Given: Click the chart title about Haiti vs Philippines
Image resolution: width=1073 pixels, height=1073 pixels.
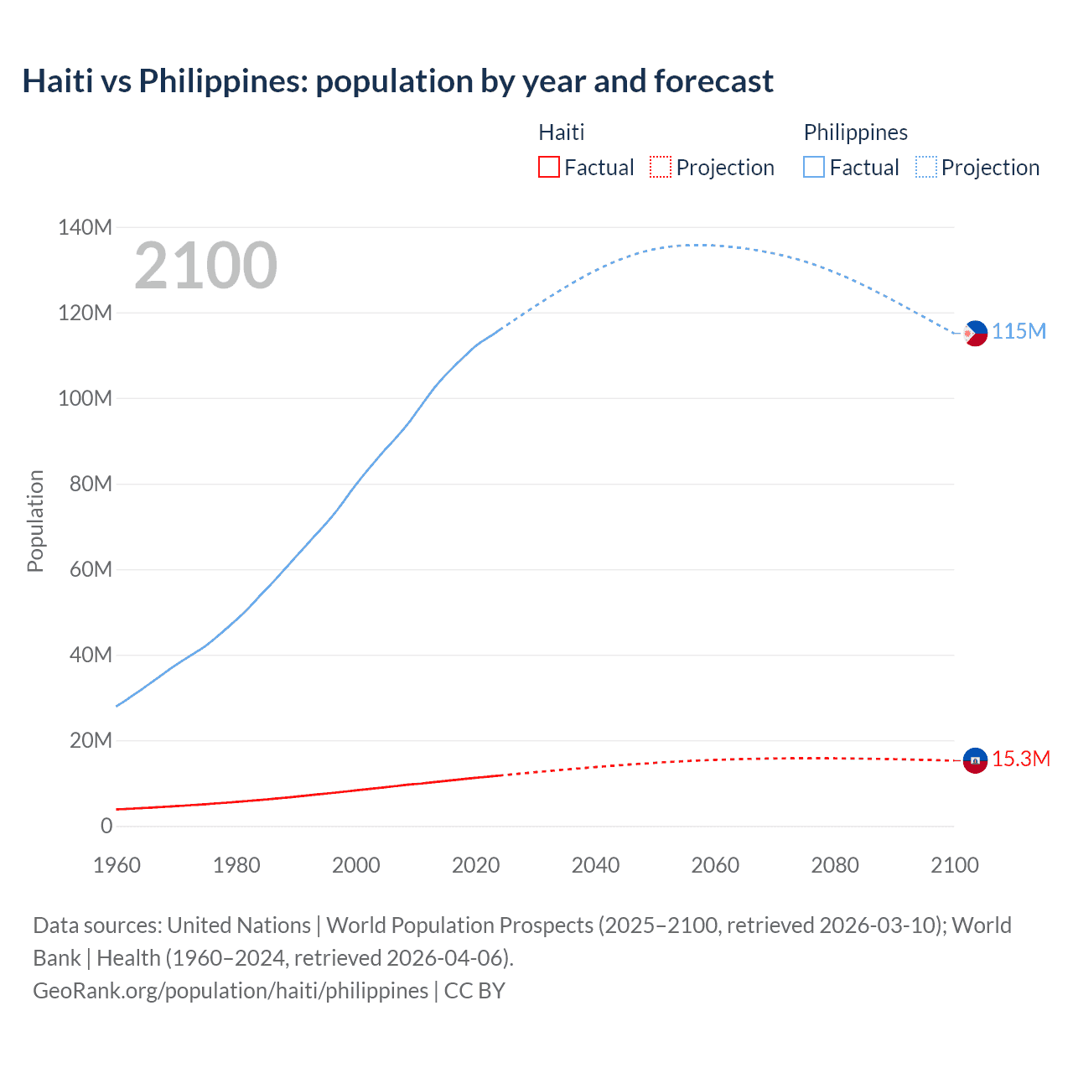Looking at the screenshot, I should click(x=397, y=81).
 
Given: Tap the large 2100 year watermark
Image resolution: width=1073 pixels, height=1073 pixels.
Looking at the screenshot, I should click(x=205, y=266).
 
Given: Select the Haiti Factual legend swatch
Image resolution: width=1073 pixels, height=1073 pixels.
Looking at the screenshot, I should click(x=548, y=167).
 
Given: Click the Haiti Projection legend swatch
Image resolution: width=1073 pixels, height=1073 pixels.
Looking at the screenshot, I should click(x=661, y=167).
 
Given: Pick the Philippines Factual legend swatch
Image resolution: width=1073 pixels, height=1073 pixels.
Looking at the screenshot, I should click(x=814, y=167).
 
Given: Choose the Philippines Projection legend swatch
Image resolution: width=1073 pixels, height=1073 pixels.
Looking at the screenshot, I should click(x=926, y=167).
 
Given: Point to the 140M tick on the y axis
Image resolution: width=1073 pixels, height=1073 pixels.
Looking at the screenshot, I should click(x=85, y=227).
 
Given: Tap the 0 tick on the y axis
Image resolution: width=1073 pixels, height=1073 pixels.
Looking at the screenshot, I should click(x=106, y=826).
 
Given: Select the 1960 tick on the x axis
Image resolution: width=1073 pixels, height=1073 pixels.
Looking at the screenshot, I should click(x=117, y=865).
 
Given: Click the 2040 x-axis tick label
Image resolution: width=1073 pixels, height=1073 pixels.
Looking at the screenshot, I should click(x=595, y=865).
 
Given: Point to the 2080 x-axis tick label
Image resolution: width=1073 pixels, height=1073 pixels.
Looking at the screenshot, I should click(x=835, y=865).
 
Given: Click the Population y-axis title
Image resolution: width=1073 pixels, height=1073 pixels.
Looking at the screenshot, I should click(x=35, y=521).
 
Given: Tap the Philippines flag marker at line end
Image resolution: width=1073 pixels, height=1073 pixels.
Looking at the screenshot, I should click(x=975, y=333).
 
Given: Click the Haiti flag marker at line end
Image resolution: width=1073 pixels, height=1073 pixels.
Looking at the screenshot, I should click(x=975, y=760).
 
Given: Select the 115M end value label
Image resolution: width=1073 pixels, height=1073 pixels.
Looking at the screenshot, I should click(x=1019, y=331).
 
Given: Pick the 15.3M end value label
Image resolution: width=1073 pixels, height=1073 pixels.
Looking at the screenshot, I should click(x=1021, y=759).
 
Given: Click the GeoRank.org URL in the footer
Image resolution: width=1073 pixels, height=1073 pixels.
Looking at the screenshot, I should click(x=231, y=991).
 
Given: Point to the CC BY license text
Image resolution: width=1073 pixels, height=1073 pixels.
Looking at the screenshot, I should click(x=474, y=991).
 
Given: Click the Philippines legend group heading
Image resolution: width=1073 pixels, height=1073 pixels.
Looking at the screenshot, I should click(x=855, y=132).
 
